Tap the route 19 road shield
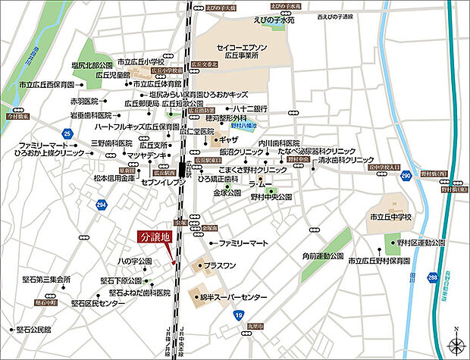point(240,315)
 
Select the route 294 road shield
point(102,205)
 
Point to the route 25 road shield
point(67,134)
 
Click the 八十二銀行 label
point(248,108)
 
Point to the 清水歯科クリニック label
point(346,161)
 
